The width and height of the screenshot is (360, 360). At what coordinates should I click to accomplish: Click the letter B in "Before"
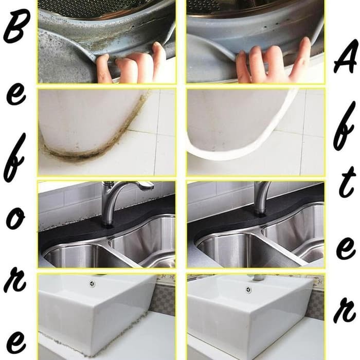tap(17, 26)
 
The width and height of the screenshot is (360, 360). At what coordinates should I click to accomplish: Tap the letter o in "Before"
tap(15, 218)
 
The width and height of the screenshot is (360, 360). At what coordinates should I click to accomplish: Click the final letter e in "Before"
tap(16, 343)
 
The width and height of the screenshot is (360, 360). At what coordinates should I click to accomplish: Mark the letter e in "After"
tap(346, 248)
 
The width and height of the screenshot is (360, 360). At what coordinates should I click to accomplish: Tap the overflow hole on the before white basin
tap(92, 284)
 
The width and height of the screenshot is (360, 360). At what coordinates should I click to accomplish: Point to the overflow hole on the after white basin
tap(248, 290)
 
